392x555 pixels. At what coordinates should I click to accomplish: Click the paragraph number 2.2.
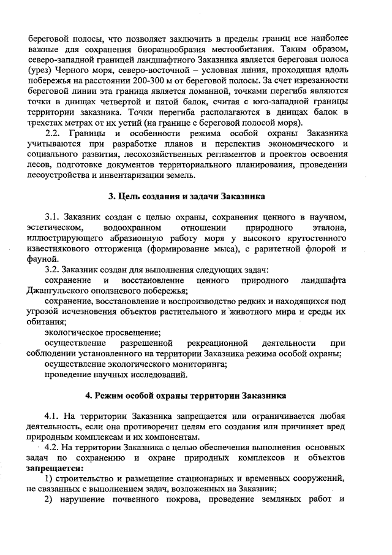[x=55, y=134]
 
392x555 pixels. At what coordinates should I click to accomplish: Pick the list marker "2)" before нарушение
[x=51, y=498]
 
